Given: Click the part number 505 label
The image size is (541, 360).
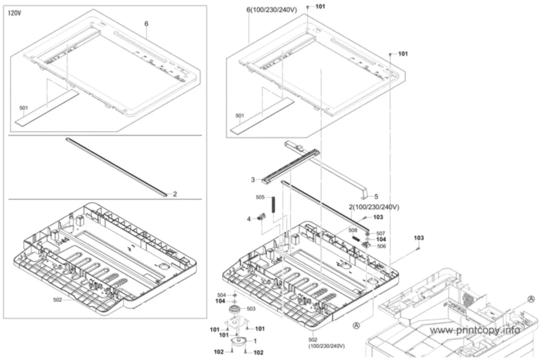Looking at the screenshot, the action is click(260, 197).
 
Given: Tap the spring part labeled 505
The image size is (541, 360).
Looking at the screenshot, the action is click(274, 205).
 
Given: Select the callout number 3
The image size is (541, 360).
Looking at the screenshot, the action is click(253, 179).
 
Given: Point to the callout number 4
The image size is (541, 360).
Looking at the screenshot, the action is click(248, 219).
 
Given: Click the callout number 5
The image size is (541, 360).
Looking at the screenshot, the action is click(376, 196).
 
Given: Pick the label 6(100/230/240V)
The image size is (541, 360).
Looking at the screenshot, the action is click(272, 10).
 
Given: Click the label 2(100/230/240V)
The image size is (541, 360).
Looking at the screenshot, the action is click(374, 207).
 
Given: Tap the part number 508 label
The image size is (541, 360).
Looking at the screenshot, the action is click(352, 230).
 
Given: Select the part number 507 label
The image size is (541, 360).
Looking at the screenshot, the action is click(380, 233).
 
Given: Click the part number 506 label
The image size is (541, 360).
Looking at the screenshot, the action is click(381, 246).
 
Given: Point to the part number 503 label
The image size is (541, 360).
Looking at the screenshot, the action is click(251, 309).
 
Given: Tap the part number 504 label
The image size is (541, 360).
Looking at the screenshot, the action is click(221, 295).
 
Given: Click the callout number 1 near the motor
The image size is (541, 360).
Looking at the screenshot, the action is click(255, 341).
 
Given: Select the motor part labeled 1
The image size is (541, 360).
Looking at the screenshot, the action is click(239, 342).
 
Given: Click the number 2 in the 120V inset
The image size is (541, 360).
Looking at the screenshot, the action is click(175, 194).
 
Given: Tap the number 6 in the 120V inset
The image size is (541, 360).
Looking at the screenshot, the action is click(146, 24).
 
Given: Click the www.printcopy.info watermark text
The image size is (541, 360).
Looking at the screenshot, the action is click(475, 330).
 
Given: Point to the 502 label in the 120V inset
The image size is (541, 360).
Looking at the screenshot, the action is click(57, 300).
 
